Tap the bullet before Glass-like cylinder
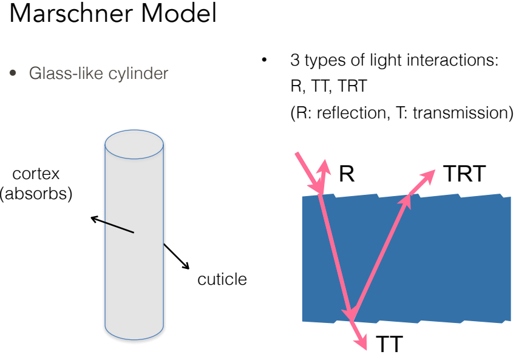point(13,73)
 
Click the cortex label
point(36,174)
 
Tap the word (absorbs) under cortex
point(36,193)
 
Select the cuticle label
point(222,279)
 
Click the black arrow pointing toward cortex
point(112,225)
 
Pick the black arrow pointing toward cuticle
point(177,256)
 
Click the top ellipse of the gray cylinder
point(134,144)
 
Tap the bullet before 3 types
point(264,60)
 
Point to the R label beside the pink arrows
point(347,174)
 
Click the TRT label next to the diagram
point(464,174)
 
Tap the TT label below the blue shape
point(389,344)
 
